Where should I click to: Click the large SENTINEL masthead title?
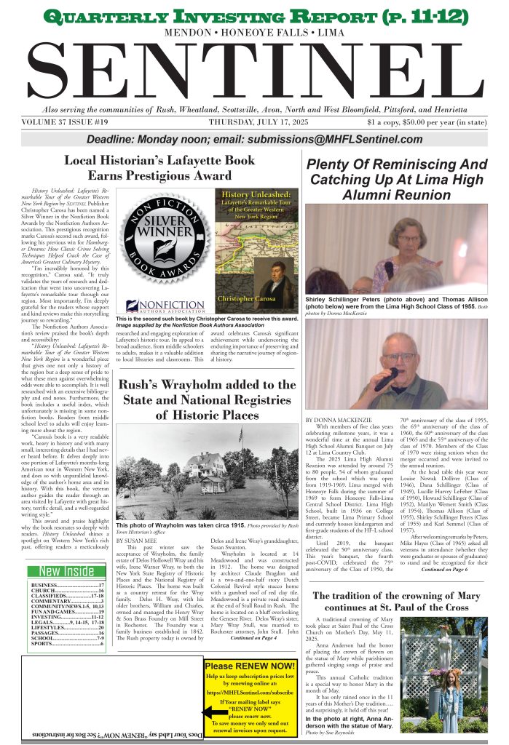coord(254,70)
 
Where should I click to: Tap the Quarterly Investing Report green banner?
coord(254,16)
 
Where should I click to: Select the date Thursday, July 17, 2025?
coord(259,122)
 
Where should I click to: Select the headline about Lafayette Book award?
coord(159,167)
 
